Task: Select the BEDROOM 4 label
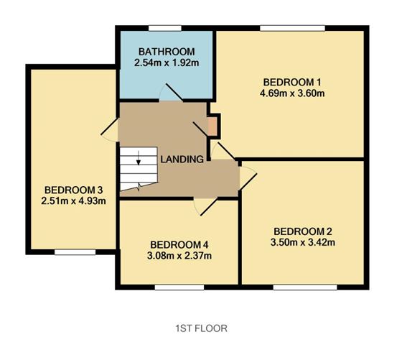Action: [x=179, y=244]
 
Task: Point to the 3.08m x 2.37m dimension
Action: [x=179, y=256]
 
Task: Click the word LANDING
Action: [x=182, y=159]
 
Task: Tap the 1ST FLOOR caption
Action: [x=201, y=328]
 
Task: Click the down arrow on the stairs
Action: [x=139, y=159]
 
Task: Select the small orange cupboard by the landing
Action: [x=212, y=126]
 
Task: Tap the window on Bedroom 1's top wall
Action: [x=280, y=28]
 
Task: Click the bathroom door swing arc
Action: [x=170, y=93]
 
